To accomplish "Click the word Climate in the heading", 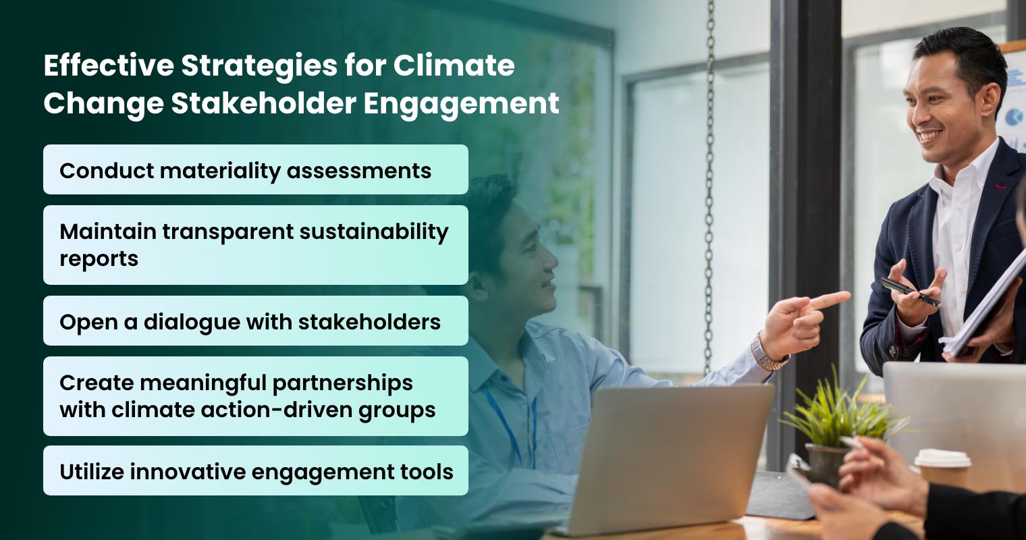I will [454, 66].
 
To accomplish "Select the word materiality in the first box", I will [205, 170].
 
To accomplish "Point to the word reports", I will [99, 259].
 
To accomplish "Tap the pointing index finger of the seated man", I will [830, 298].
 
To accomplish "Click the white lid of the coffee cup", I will [942, 458].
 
